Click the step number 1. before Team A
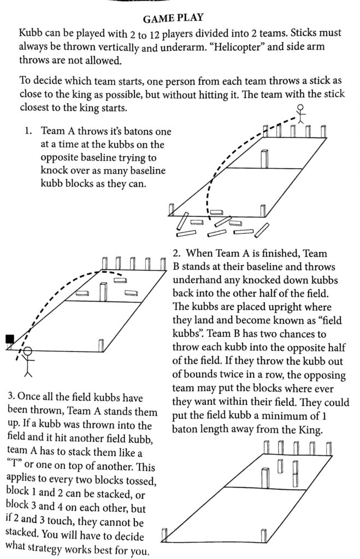pos(28,132)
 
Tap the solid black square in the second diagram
pos(9,340)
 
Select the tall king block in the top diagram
pos(265,159)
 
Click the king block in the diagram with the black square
pos(103,292)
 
